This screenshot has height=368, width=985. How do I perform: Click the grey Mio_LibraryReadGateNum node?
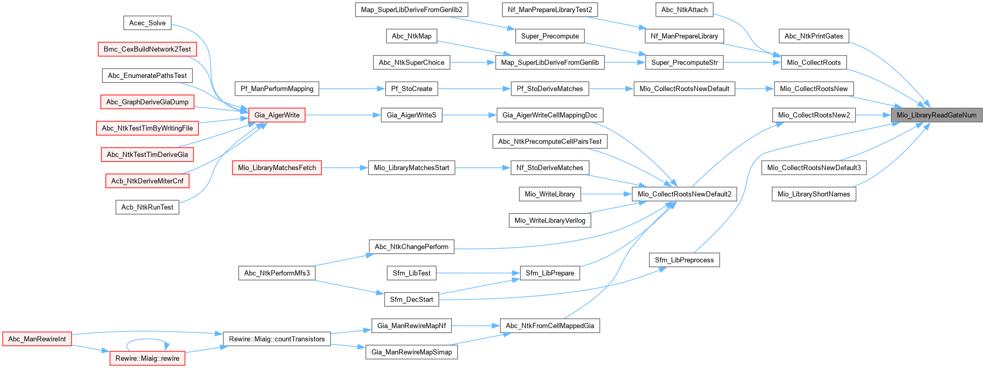coord(936,115)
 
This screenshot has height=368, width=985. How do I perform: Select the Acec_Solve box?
coord(147,23)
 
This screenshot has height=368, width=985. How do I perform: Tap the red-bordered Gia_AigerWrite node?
coord(277,115)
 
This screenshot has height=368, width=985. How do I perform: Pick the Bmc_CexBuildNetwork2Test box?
coord(147,49)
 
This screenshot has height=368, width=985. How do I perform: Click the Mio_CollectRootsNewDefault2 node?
coord(684,194)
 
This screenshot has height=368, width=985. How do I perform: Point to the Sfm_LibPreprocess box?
coord(684,260)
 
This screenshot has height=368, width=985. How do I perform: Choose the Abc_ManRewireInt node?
coord(37,339)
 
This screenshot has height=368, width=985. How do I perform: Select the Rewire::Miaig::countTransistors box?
coord(277,339)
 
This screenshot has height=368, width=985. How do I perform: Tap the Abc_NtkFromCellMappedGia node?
coord(550,326)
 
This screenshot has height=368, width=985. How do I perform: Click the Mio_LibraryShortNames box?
coord(814,194)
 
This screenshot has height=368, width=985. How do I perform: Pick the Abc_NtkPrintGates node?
coord(814,36)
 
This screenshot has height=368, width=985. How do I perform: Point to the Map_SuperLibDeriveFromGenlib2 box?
coord(411,9)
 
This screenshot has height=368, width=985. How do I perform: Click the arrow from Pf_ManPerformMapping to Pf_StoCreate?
coord(352,89)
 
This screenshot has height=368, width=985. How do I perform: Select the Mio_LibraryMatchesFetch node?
coord(277,167)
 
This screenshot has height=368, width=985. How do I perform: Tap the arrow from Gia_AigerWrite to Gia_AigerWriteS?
coord(343,115)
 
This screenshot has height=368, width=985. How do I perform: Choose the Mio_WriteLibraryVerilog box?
coord(550,220)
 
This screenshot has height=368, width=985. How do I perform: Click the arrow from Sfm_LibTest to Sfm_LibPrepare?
coord(478,273)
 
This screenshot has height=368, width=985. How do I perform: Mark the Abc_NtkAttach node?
coord(684,9)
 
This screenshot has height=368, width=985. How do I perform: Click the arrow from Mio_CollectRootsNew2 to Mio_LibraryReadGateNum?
coord(873,115)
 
